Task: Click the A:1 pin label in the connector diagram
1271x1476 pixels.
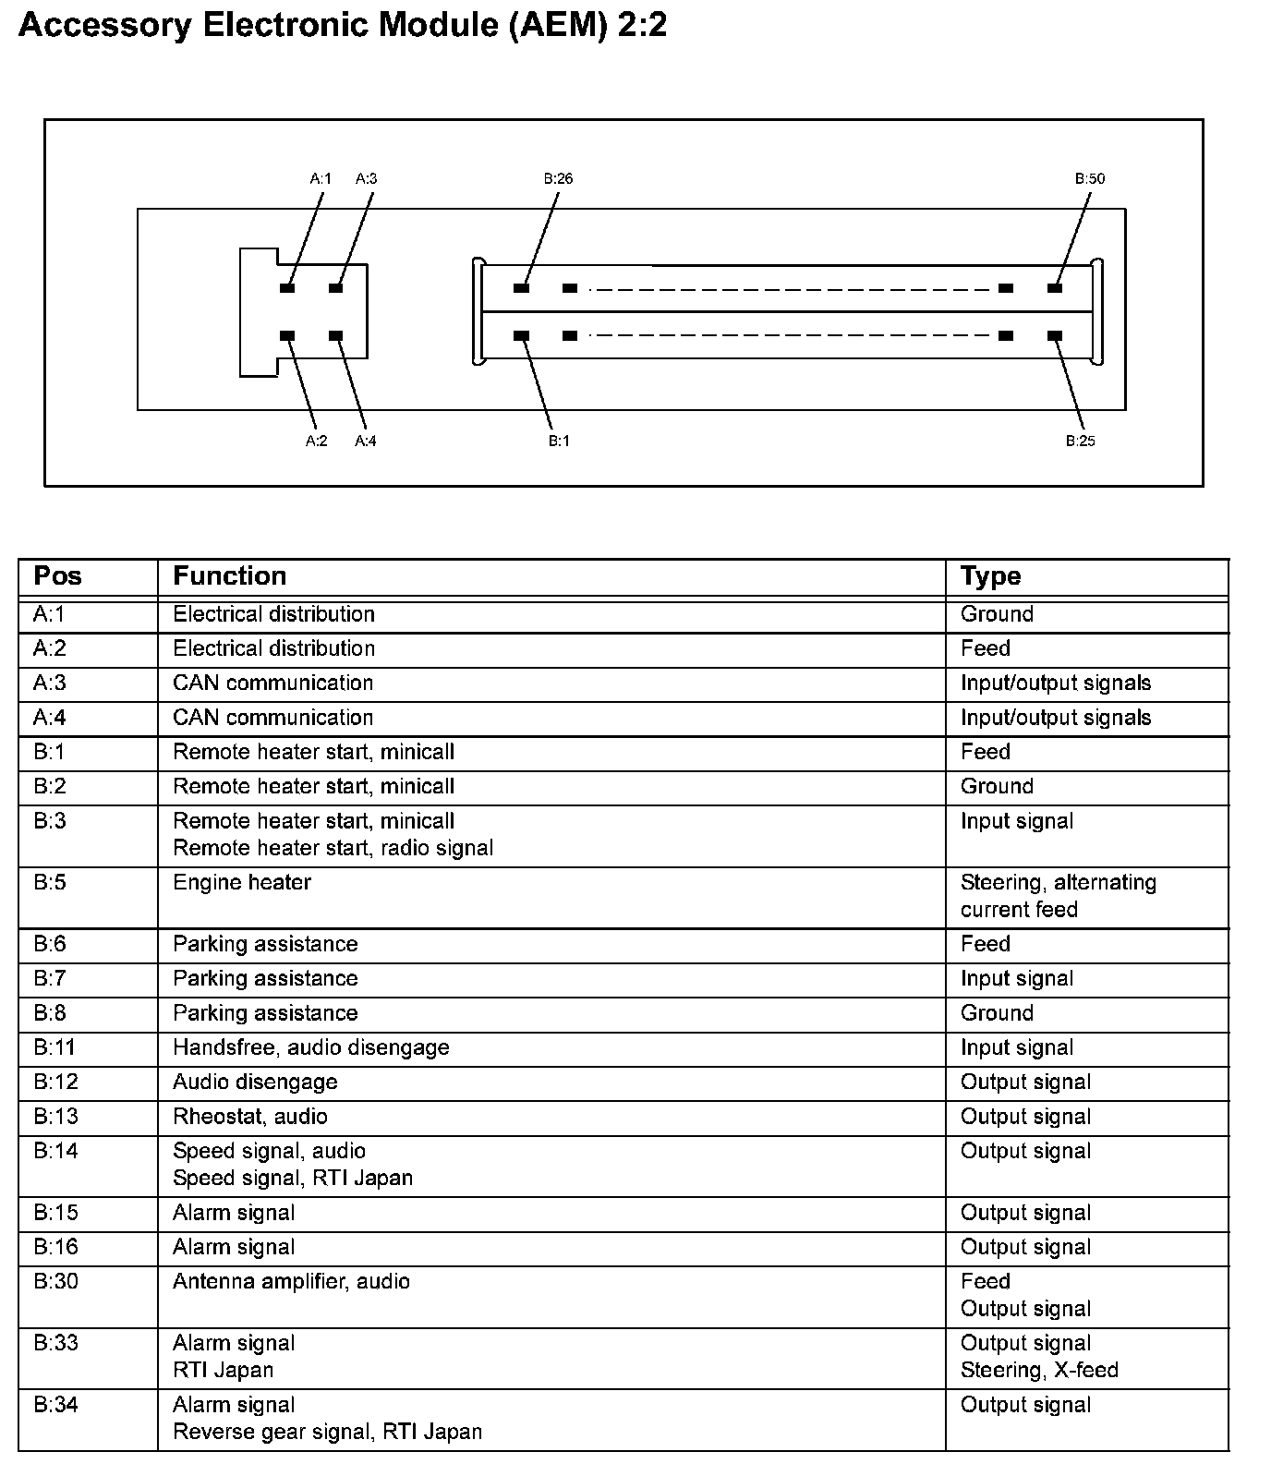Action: pyautogui.click(x=320, y=178)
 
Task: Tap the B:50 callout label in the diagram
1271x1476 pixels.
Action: pyautogui.click(x=1089, y=178)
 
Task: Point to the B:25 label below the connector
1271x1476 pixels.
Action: pyautogui.click(x=1080, y=441)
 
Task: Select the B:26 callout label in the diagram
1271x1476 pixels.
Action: pyautogui.click(x=558, y=178)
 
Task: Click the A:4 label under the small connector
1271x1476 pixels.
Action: pyautogui.click(x=366, y=441)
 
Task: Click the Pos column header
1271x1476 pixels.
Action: pyautogui.click(x=57, y=576)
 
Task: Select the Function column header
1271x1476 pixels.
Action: pyautogui.click(x=229, y=576)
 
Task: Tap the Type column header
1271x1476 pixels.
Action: pyautogui.click(x=990, y=576)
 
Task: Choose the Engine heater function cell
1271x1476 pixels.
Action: pyautogui.click(x=242, y=882)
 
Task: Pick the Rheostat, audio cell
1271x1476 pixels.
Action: pyautogui.click(x=249, y=1116)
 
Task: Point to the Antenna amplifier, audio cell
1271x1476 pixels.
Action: pyautogui.click(x=291, y=1281)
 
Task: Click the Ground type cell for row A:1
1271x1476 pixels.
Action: pyautogui.click(x=997, y=614)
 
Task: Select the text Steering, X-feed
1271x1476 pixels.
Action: pyautogui.click(x=1039, y=1370)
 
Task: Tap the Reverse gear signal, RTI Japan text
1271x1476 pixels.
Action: pyautogui.click(x=327, y=1432)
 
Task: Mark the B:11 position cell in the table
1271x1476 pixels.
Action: pyautogui.click(x=54, y=1047)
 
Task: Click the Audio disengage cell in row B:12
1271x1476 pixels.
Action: pyautogui.click(x=255, y=1082)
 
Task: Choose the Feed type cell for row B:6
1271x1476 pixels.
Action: pyautogui.click(x=985, y=944)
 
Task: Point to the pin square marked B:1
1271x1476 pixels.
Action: pyautogui.click(x=521, y=336)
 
